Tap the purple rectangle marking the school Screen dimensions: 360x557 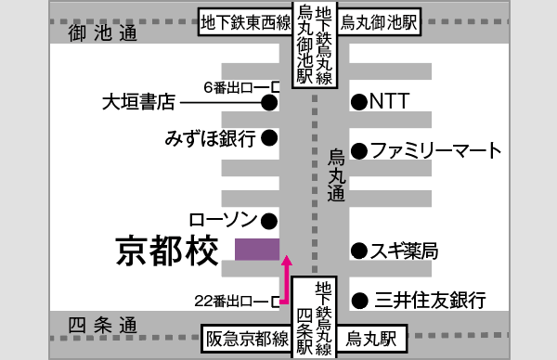[257, 250]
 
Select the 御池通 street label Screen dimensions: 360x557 [102, 33]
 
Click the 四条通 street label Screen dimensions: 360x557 [102, 327]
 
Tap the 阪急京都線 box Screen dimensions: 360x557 [246, 340]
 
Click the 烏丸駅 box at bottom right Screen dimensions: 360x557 [371, 340]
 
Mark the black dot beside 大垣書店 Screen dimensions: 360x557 [269, 103]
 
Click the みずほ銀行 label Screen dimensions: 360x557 [210, 139]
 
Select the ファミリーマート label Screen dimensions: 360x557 [436, 150]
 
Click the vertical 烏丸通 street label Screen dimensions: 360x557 [336, 174]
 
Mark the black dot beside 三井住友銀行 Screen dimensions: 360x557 [358, 300]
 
